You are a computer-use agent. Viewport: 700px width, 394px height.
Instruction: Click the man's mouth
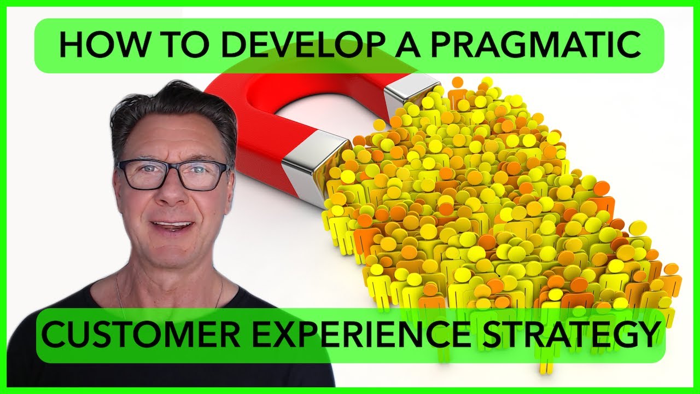tap(174, 226)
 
